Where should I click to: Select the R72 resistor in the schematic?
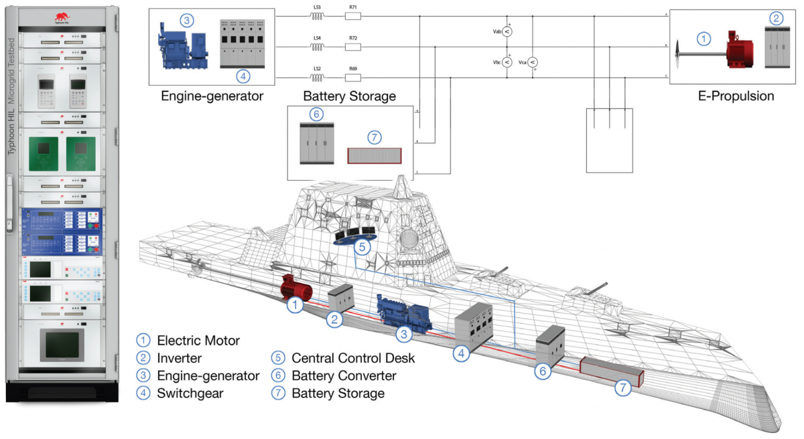click(x=353, y=47)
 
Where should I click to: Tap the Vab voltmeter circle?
click(x=507, y=31)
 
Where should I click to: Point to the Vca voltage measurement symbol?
click(x=533, y=62)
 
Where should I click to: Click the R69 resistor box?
click(x=353, y=78)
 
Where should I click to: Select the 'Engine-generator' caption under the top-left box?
click(x=212, y=96)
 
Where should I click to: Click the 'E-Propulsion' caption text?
click(x=735, y=96)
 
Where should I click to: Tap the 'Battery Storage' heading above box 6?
click(x=349, y=96)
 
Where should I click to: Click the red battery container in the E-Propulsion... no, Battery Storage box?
click(x=374, y=155)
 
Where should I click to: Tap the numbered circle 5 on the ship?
click(x=362, y=246)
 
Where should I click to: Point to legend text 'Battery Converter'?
click(x=344, y=375)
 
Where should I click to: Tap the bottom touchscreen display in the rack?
click(x=62, y=345)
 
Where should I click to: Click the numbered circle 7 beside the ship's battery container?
click(x=623, y=387)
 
